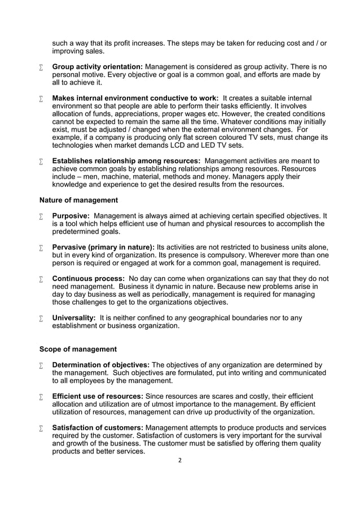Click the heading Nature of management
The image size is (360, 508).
[x=78, y=200]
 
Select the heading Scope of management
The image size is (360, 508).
[x=78, y=349]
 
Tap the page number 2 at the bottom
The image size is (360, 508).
[x=179, y=460]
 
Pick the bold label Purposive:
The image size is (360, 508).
[x=71, y=216]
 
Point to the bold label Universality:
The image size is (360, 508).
[x=74, y=318]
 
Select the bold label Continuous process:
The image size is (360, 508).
[x=88, y=279]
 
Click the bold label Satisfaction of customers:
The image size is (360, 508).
[x=98, y=427]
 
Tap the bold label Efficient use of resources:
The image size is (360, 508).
[x=98, y=396]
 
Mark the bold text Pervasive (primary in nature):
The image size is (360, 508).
[x=103, y=247]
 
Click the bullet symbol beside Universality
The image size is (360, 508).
[x=42, y=318]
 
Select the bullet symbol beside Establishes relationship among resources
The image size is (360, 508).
[x=42, y=161]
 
